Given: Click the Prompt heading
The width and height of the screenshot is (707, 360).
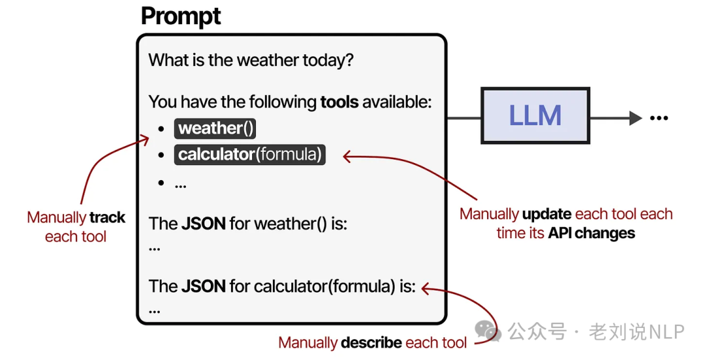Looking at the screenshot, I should [181, 16].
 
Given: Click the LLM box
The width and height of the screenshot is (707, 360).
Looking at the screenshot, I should [535, 116].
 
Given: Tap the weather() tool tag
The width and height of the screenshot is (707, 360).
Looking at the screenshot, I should [215, 128].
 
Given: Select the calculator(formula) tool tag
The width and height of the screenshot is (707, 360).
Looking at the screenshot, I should [250, 155].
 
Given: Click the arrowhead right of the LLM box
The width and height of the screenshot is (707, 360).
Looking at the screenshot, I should [634, 118].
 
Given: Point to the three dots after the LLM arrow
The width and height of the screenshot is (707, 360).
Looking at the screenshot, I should [658, 118].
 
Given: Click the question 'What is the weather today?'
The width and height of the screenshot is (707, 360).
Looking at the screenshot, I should [251, 61].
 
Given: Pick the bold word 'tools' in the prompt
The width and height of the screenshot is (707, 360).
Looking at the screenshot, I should [339, 102].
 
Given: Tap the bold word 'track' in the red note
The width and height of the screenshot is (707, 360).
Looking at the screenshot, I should [107, 218].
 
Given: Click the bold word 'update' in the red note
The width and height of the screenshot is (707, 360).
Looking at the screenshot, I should [547, 214].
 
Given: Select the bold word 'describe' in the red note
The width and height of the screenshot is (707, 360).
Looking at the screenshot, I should [371, 342].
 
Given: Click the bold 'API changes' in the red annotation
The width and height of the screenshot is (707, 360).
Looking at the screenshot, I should [591, 233].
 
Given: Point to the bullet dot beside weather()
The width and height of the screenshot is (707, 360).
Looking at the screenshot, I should [161, 129].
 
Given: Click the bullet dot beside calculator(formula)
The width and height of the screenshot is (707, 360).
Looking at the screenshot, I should [161, 156].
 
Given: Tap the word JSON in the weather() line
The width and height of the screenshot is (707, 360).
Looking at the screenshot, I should [204, 223].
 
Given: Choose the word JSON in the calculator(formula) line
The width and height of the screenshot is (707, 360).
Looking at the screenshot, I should [204, 286].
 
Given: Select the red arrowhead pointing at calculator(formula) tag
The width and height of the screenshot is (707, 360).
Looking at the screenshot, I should [348, 156].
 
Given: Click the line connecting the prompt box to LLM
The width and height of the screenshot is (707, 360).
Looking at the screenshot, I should [464, 118].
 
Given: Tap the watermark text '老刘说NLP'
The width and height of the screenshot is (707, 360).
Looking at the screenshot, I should [636, 332].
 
